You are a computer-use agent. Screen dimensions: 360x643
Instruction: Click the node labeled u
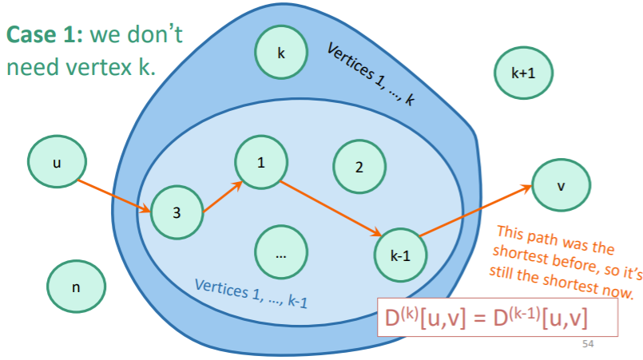tap(56, 162)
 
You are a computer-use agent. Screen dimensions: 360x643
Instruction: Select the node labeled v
tap(561, 186)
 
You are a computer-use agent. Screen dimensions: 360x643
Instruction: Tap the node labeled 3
tap(177, 213)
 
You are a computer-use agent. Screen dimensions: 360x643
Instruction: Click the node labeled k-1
tap(400, 255)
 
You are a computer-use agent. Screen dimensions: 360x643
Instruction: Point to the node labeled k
tap(281, 53)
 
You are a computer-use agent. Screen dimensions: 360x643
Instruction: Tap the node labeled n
tap(75, 287)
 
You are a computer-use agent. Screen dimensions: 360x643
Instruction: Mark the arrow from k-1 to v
tap(476, 211)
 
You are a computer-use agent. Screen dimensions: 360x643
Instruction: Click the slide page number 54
tap(589, 344)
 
